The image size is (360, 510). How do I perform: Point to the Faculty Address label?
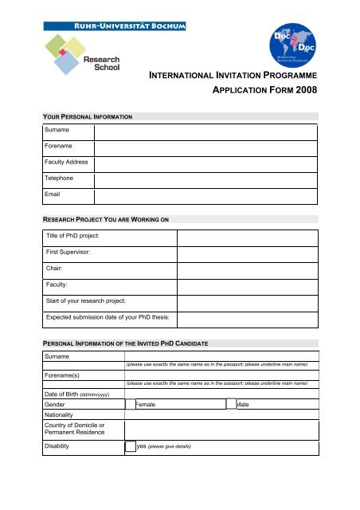click(67, 163)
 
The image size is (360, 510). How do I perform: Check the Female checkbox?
click(131, 405)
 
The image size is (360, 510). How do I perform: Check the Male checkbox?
click(231, 405)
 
